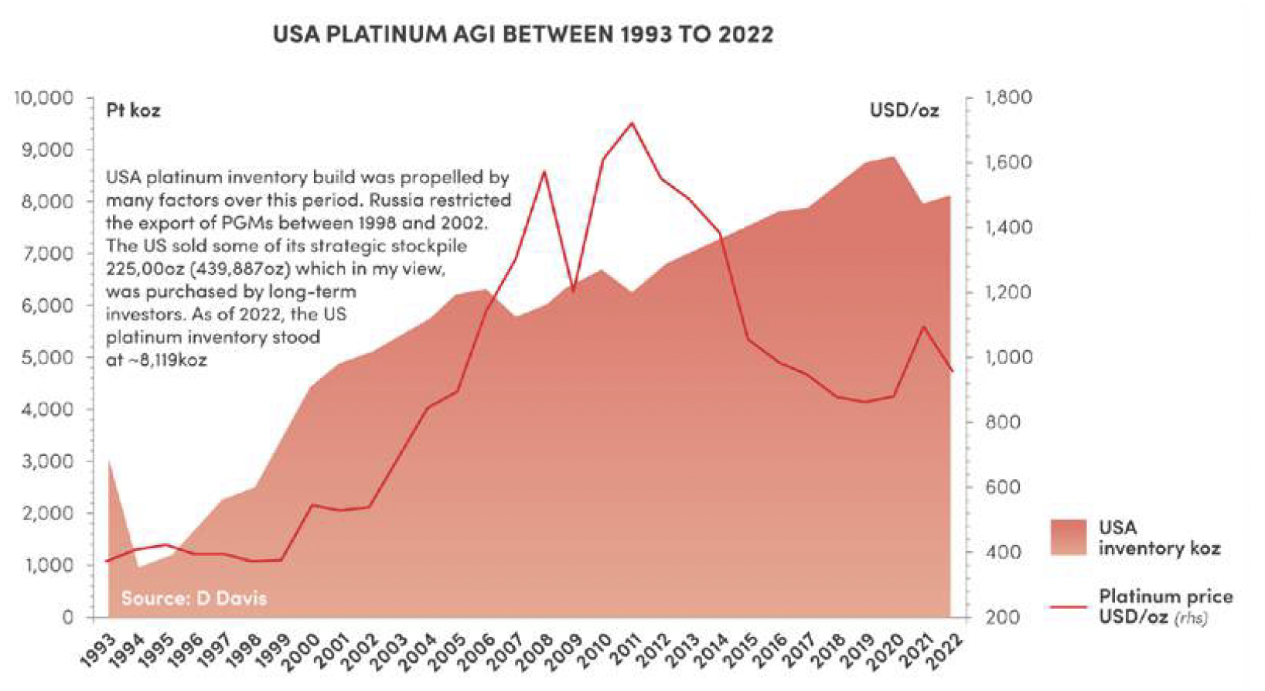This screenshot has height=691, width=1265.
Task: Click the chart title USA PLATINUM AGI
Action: point(523,34)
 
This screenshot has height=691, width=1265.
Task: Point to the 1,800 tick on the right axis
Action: point(1008,97)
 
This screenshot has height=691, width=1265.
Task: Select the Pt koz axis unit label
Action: point(133,111)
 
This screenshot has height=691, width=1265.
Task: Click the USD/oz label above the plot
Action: point(904,111)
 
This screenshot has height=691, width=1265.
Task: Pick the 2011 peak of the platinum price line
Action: point(632,124)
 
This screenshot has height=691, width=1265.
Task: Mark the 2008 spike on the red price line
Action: point(544,172)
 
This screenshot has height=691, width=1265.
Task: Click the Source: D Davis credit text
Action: point(193,597)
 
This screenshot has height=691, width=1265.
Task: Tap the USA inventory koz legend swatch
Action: point(1069,537)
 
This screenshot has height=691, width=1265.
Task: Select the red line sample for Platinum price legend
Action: point(1069,607)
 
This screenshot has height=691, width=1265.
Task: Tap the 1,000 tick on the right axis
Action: point(1008,357)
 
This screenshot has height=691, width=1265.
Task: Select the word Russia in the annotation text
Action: point(395,200)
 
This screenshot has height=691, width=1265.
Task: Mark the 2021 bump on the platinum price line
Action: point(923,327)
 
